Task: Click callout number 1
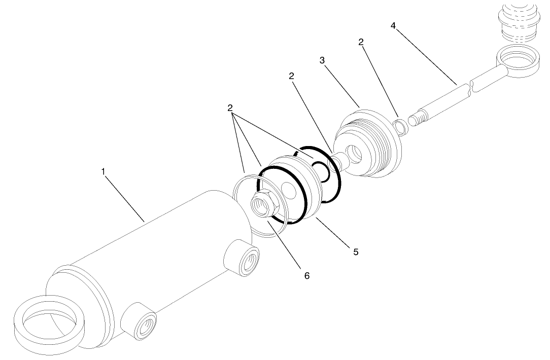(103, 172)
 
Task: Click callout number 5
(356, 251)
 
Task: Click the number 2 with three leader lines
(230, 108)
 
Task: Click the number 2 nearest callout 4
(361, 43)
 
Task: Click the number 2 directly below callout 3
(291, 77)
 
